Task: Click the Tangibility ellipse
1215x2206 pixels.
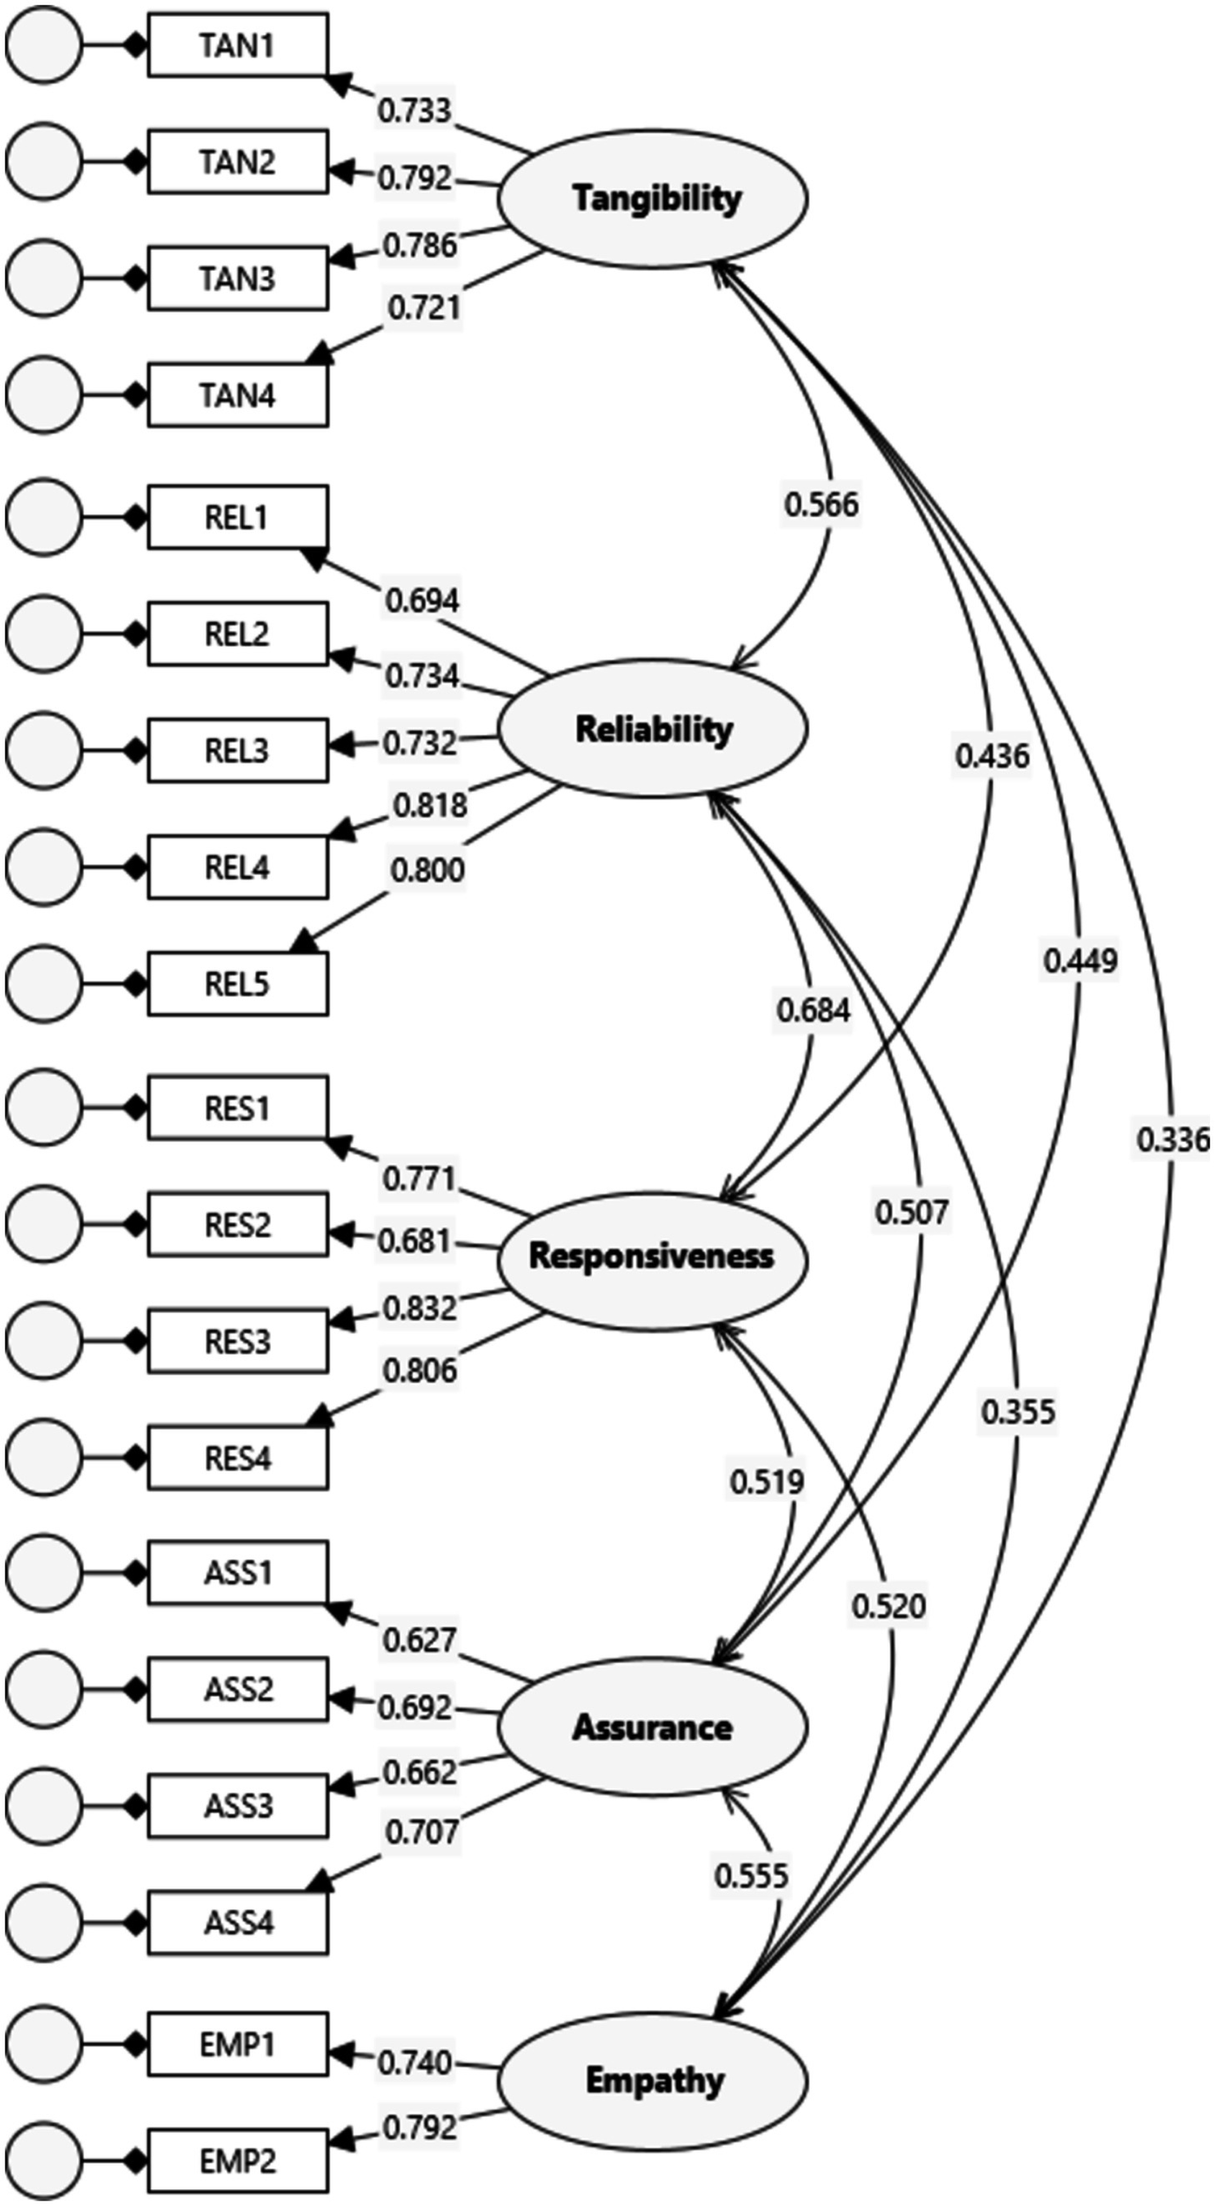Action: coord(652,199)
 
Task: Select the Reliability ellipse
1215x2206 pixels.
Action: coord(652,729)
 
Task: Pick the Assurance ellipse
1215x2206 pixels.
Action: coord(652,1727)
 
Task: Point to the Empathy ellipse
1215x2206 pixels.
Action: coord(652,2081)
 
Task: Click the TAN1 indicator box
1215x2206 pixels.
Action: coord(237,45)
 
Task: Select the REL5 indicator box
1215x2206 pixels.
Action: coord(237,984)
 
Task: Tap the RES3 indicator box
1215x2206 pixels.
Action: coord(237,1342)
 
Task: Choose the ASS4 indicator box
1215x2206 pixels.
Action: coord(237,1922)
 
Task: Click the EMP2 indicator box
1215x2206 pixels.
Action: coord(237,2162)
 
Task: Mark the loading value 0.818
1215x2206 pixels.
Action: coord(430,805)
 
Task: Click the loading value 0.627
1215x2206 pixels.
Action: coord(419,1640)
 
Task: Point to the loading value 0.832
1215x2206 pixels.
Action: coord(420,1308)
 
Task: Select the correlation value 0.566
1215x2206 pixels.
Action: coord(821,504)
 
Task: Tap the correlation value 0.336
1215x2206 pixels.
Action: coord(1173,1140)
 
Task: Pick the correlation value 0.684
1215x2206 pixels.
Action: coord(813,1010)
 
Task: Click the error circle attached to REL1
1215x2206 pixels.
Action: coord(43,517)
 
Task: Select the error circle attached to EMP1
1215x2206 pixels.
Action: coord(43,2044)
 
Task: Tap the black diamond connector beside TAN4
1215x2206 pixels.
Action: coord(135,394)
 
